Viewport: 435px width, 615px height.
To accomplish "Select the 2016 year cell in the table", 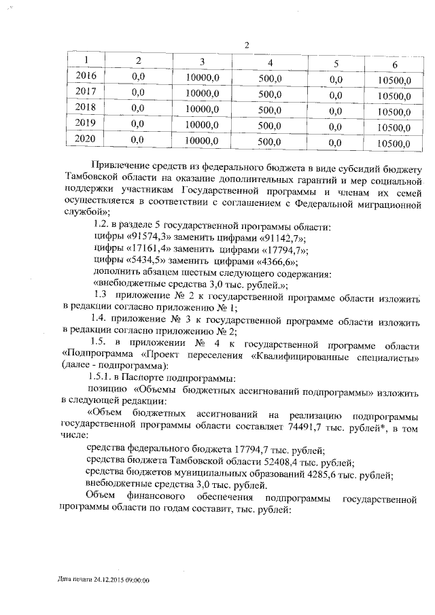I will point(86,76).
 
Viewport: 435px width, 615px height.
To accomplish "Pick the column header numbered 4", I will point(271,63).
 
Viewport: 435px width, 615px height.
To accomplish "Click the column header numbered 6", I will point(395,65).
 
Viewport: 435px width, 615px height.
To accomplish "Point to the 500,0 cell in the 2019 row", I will point(271,126).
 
